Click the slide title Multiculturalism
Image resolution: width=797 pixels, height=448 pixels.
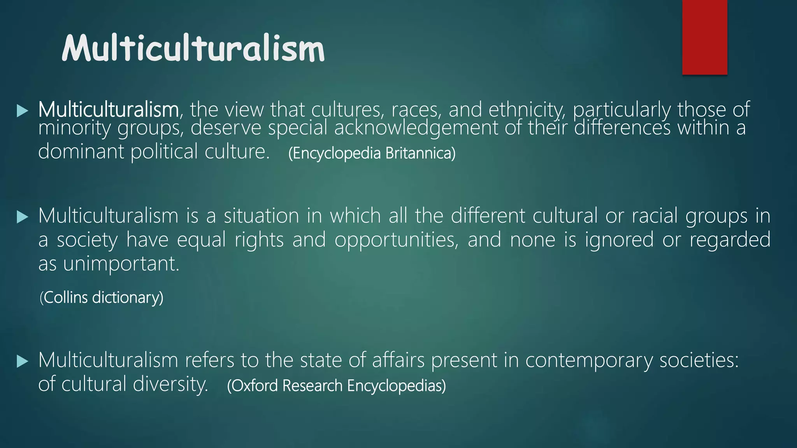point(193,49)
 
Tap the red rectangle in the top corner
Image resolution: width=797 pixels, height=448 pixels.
point(704,37)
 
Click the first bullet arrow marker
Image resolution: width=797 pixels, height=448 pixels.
point(23,111)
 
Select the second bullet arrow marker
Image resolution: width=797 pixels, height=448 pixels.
point(23,217)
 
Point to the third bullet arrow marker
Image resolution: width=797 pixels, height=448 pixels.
point(23,362)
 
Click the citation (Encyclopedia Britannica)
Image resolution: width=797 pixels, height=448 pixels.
point(372,153)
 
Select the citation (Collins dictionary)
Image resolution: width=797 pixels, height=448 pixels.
point(102,297)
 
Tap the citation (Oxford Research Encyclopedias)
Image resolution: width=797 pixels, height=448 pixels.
point(336,386)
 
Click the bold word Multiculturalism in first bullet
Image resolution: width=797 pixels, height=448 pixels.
point(108,110)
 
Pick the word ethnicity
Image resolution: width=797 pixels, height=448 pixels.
point(526,110)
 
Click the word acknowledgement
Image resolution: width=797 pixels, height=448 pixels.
point(416,128)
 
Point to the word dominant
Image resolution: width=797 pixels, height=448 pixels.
point(81,151)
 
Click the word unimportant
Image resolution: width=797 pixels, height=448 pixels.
point(121,264)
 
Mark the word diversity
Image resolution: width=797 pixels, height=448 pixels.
point(170,384)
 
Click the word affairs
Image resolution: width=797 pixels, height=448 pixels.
point(398,360)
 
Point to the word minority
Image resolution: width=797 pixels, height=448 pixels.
point(74,128)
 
